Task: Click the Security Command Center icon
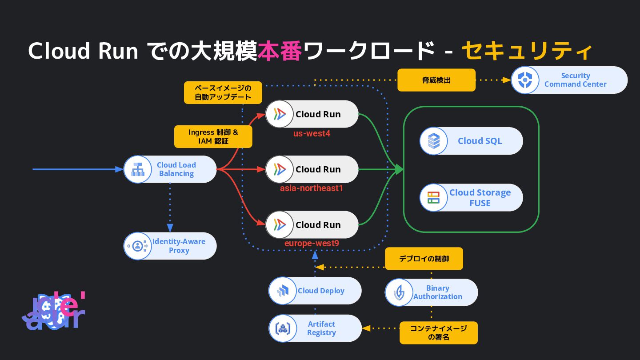tap(525, 80)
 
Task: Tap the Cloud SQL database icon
tap(433, 141)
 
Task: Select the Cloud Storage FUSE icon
tap(433, 198)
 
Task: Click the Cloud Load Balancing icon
tap(137, 169)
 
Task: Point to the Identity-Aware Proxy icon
tap(137, 246)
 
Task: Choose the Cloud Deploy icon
tap(283, 291)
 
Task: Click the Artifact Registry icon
tap(283, 328)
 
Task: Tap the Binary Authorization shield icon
tap(399, 292)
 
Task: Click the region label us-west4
tap(312, 133)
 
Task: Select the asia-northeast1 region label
tap(312, 188)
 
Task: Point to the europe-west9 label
tap(312, 244)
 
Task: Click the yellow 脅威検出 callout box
tap(436, 80)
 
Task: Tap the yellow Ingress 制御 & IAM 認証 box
tap(213, 136)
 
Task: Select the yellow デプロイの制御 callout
tap(424, 259)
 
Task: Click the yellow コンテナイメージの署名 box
tap(438, 333)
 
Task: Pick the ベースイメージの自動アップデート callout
tap(223, 92)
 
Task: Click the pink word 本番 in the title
tap(280, 51)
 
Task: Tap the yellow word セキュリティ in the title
tap(527, 51)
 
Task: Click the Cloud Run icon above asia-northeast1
tap(280, 169)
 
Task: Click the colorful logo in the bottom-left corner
tap(53, 311)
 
